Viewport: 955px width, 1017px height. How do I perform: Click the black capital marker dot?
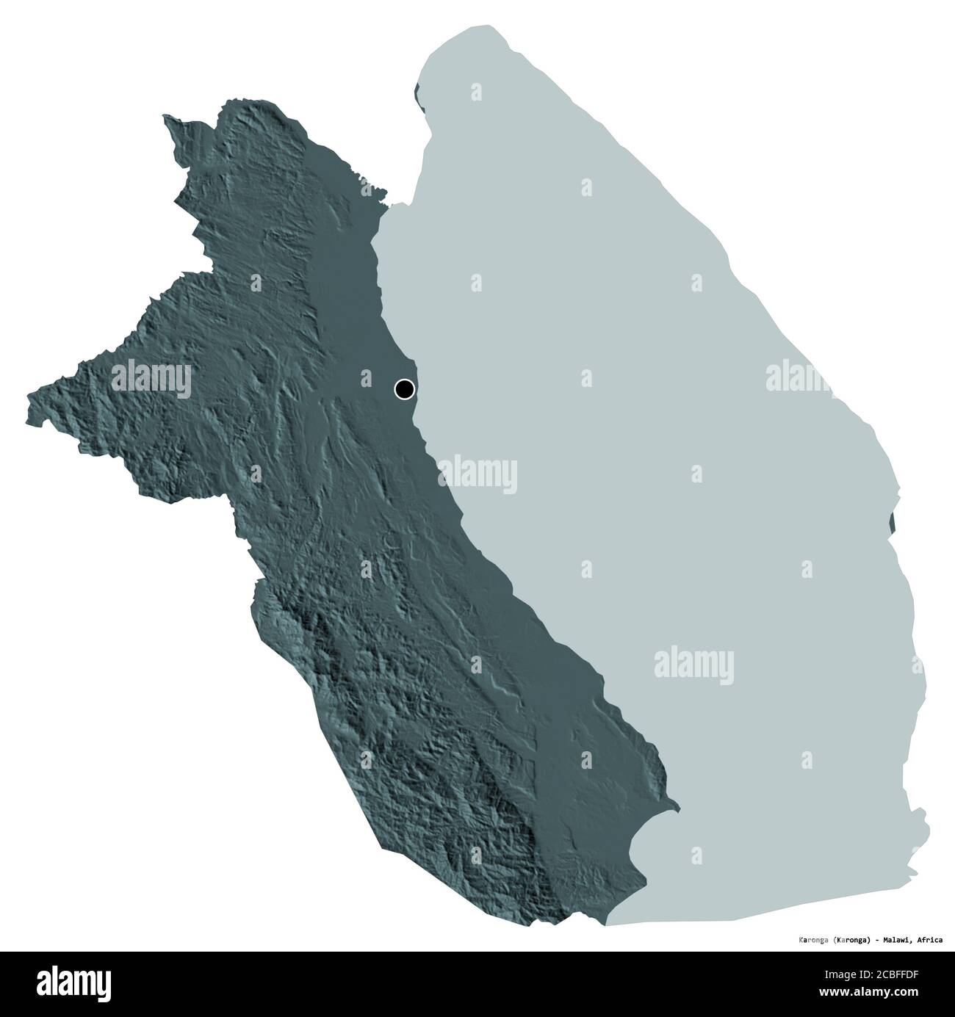(404, 388)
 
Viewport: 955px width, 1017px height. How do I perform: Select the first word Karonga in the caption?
(813, 938)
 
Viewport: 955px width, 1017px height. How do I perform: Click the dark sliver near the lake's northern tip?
(418, 96)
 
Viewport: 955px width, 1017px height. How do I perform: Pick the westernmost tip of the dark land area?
(29, 400)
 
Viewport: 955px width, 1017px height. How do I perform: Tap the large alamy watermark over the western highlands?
(151, 380)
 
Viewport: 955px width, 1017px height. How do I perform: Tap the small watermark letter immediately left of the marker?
(365, 378)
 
